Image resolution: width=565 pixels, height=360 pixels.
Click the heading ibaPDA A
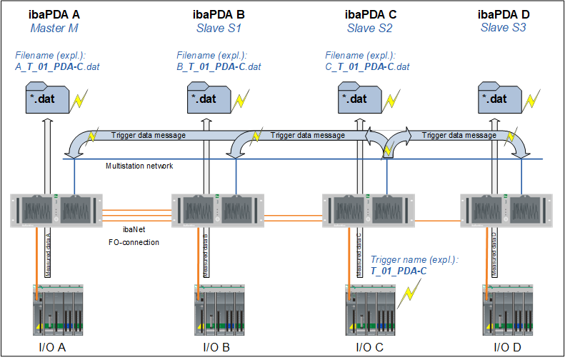(53, 14)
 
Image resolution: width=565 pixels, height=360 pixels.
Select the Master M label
(54, 29)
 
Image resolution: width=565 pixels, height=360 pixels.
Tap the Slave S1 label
(220, 29)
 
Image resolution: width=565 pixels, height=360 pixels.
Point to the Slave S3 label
(504, 28)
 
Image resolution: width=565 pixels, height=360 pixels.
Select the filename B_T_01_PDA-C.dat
(218, 67)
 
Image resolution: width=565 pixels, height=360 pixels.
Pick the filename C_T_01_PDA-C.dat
(367, 67)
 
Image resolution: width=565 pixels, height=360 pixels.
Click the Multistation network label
(140, 166)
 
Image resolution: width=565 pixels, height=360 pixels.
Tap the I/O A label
(54, 348)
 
